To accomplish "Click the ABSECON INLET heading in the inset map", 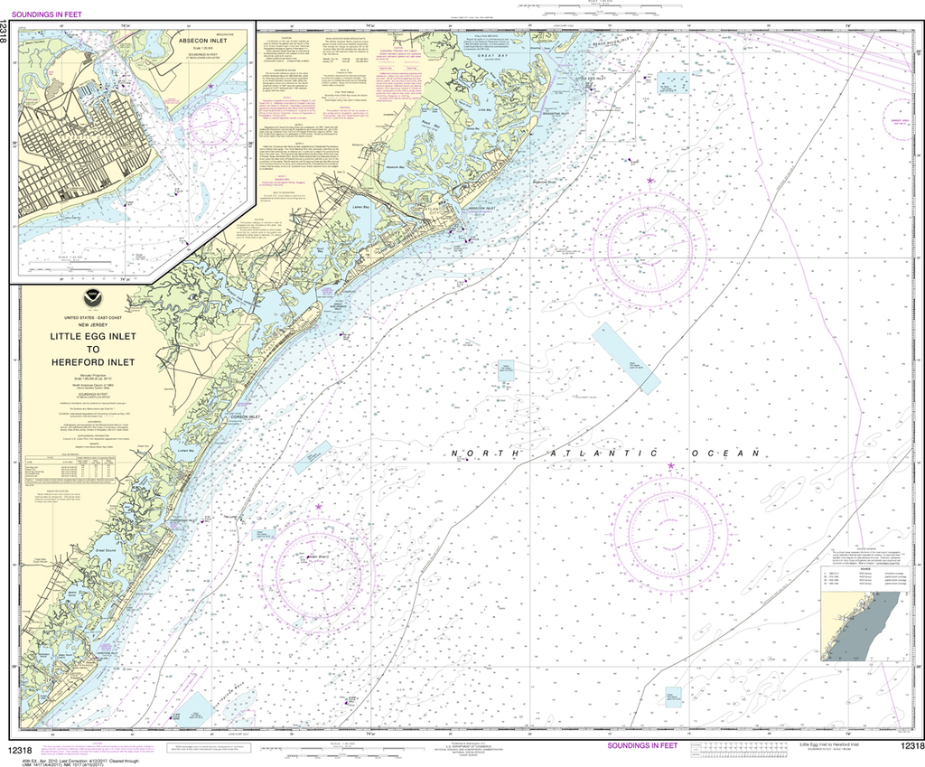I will click(x=202, y=41).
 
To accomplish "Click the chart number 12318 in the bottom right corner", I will click(x=911, y=745).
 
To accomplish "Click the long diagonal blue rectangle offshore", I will click(x=626, y=357).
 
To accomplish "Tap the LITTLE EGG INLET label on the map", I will click(x=588, y=80).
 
